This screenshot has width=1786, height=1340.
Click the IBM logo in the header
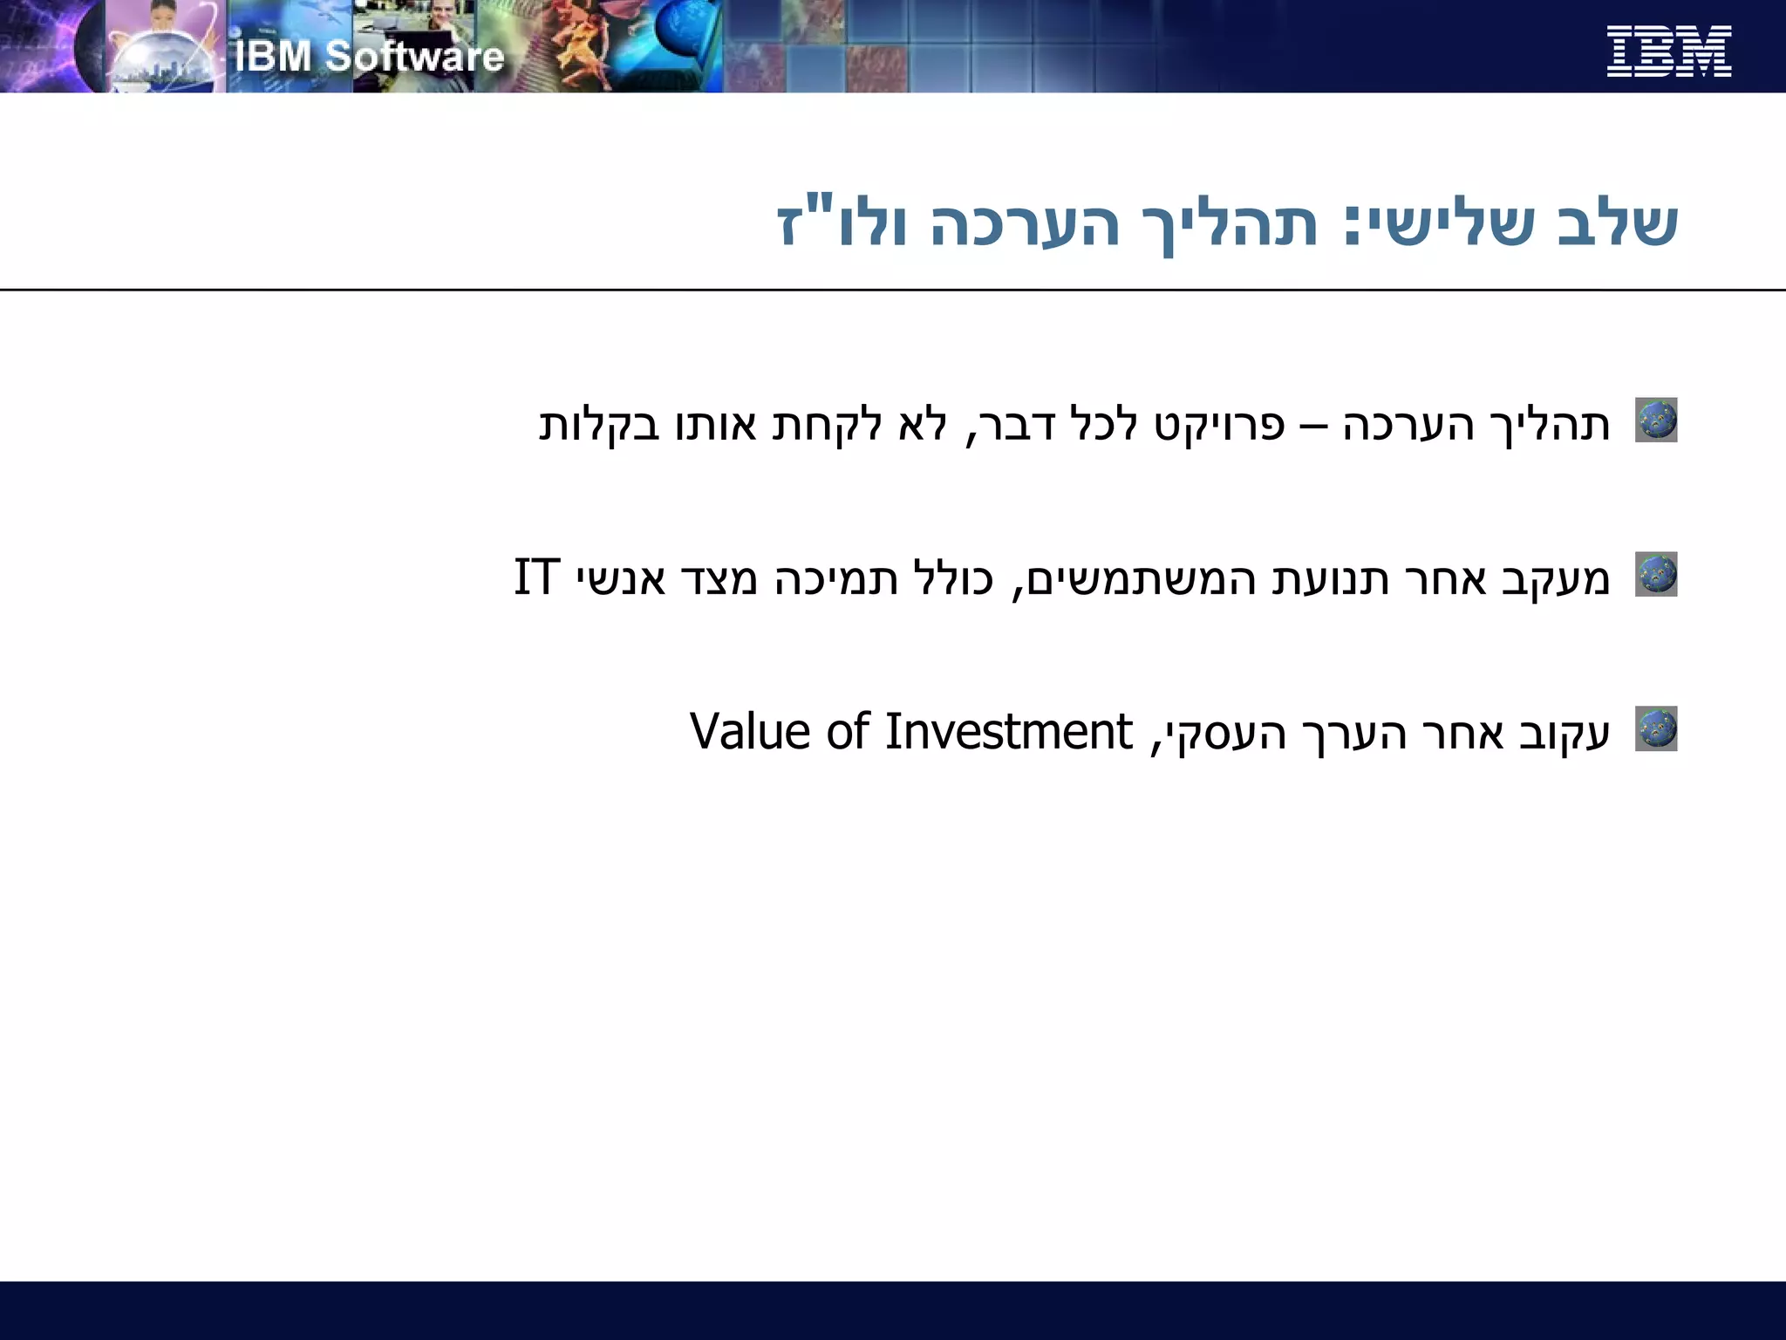[x=1668, y=51]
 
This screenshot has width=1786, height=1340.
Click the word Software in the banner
[x=414, y=57]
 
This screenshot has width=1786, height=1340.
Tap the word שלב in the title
[x=1618, y=225]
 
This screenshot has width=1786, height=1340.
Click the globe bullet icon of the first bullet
[x=1655, y=420]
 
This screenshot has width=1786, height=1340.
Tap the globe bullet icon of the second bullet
[x=1655, y=574]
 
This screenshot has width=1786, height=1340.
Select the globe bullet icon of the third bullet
[x=1655, y=728]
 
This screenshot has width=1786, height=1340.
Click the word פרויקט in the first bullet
[x=1219, y=426]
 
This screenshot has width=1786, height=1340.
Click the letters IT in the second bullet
[x=535, y=578]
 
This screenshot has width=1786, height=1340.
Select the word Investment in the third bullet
[x=1008, y=731]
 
